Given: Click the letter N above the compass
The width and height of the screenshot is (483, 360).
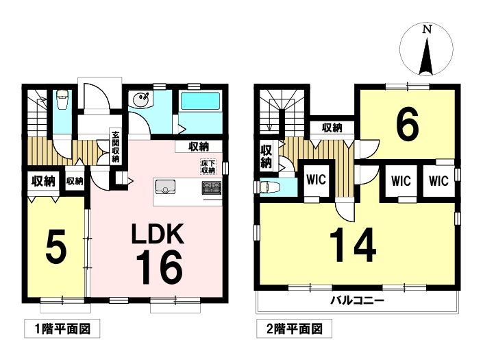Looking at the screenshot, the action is pos(427,29).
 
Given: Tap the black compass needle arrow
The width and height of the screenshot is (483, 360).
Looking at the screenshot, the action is pos(426,56).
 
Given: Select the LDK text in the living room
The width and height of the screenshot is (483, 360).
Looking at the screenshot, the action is pos(158,233).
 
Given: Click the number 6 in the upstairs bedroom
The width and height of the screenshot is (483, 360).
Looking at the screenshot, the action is pos(407,123).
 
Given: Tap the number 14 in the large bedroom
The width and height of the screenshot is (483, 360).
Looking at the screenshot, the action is pos(353,245).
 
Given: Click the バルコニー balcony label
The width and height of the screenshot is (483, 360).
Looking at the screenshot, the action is pos(358,300).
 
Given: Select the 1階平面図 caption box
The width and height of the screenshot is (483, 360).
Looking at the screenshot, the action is pos(62,328).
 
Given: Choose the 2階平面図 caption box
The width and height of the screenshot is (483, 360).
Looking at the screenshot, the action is pos(294,328).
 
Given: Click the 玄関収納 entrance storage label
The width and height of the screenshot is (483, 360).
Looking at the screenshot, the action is pos(116,147).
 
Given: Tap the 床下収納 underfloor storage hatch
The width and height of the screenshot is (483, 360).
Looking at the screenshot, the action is pos(208,167).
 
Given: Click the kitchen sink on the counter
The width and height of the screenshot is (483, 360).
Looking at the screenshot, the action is pos(165,187).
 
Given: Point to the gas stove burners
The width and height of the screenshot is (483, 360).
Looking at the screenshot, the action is pos(212,188).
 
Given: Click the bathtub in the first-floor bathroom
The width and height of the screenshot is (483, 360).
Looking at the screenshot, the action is pos(201,101).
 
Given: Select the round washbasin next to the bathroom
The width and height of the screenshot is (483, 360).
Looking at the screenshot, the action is pos(140,99).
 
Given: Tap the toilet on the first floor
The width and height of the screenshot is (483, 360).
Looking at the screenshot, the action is pos(62,99).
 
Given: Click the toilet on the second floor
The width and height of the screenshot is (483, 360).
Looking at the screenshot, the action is pos(269,187).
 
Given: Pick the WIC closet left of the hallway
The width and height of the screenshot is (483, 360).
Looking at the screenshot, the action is pos(317,180).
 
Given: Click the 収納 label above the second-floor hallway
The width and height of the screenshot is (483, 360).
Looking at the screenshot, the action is pos(332,128).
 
